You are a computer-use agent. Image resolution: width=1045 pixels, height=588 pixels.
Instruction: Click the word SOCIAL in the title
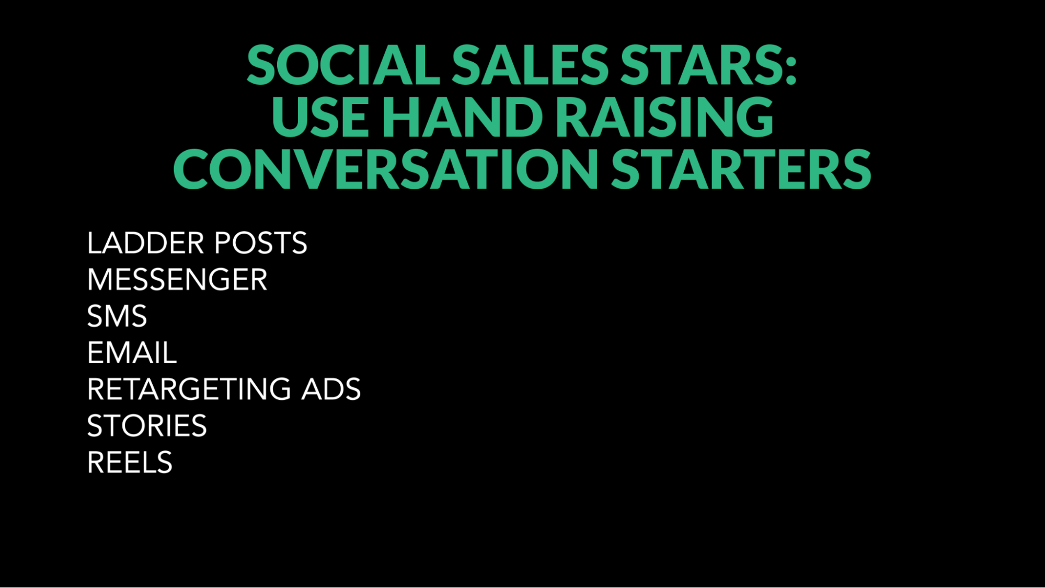click(343, 65)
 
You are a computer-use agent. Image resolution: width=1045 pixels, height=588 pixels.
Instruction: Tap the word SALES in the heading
click(530, 65)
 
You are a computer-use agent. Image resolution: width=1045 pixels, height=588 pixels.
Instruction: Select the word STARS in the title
click(700, 65)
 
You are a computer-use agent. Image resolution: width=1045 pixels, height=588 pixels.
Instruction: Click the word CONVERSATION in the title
click(385, 168)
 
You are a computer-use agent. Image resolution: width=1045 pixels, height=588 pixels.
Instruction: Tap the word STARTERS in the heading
click(741, 168)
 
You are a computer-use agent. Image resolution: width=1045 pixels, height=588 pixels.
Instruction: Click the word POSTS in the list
click(261, 243)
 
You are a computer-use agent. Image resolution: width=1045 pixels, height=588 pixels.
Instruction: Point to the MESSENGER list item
click(177, 280)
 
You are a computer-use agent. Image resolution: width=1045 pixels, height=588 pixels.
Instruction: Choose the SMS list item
click(117, 316)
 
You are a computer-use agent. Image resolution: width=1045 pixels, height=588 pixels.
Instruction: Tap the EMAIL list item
click(132, 353)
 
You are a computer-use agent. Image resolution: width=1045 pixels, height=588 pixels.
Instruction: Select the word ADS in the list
click(331, 389)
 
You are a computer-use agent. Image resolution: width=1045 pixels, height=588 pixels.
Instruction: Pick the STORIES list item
click(147, 426)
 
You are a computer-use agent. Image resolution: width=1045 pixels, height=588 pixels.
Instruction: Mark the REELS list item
click(130, 463)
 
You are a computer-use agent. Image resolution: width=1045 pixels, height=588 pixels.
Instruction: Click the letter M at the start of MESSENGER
click(99, 280)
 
